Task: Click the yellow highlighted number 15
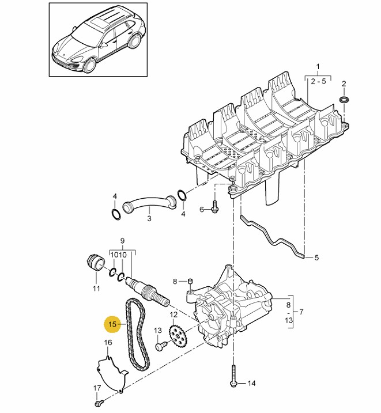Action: pyautogui.click(x=112, y=324)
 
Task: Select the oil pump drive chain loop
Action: pyautogui.click(x=129, y=335)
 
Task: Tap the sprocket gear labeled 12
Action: pyautogui.click(x=178, y=336)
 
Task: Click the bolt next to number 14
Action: pyautogui.click(x=233, y=376)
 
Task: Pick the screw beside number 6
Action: pyautogui.click(x=215, y=207)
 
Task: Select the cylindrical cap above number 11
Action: pyautogui.click(x=96, y=263)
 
